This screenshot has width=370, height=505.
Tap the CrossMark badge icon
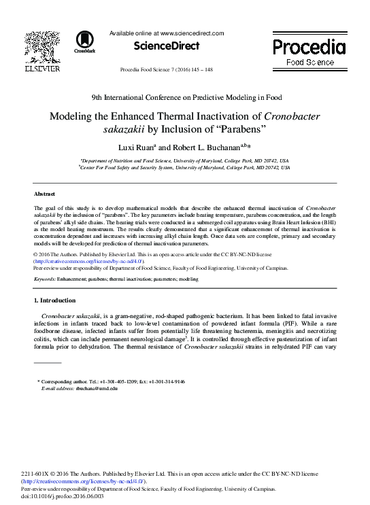[x=85, y=41]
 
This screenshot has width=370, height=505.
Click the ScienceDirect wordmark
[x=167, y=46]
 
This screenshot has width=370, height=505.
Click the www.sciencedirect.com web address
[x=191, y=33]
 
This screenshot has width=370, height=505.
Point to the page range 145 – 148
[x=201, y=70]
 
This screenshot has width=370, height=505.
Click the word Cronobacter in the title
[x=291, y=116]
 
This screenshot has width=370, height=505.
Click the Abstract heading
[x=44, y=194]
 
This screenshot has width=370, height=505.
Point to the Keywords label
[x=44, y=279]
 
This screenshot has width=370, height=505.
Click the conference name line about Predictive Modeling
[x=185, y=97]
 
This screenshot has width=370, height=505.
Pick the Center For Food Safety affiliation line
[x=184, y=167]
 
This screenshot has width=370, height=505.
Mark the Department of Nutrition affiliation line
[x=184, y=160]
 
